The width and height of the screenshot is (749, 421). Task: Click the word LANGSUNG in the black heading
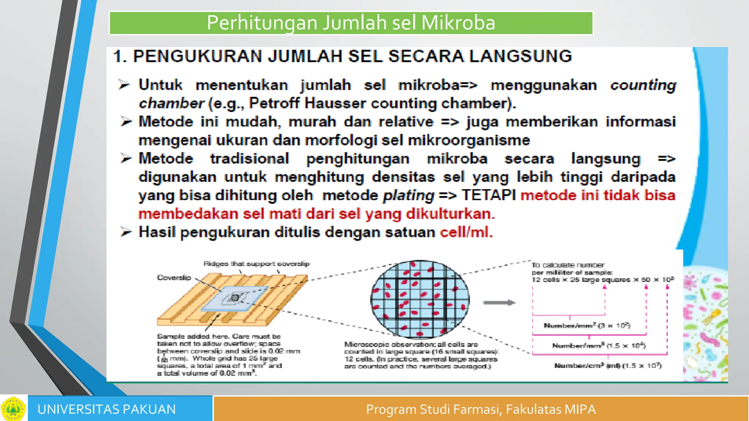tap(520, 56)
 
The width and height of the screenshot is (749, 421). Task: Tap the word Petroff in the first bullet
tap(274, 103)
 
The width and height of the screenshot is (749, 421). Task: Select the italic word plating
tap(409, 196)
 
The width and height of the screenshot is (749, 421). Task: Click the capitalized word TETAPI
tap(488, 195)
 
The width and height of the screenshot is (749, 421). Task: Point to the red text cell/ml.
tap(466, 232)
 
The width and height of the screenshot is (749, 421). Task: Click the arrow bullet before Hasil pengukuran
tap(126, 232)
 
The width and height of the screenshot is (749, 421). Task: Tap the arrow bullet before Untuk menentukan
tap(124, 85)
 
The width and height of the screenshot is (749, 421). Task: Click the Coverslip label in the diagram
tap(174, 278)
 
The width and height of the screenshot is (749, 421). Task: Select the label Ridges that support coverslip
tap(256, 263)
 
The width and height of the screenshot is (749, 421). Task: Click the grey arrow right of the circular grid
tap(499, 303)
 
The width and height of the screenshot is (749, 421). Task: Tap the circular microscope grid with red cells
tap(420, 299)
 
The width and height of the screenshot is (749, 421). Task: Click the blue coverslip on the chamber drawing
tap(234, 298)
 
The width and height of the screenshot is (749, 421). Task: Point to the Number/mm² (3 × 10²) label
tap(587, 325)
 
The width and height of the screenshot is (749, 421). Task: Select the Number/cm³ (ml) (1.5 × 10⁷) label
tap(608, 365)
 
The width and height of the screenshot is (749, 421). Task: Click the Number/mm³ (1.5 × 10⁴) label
tap(599, 345)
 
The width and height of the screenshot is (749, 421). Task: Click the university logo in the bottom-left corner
tap(13, 409)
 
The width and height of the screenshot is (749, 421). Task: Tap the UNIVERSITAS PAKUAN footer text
tap(106, 409)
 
